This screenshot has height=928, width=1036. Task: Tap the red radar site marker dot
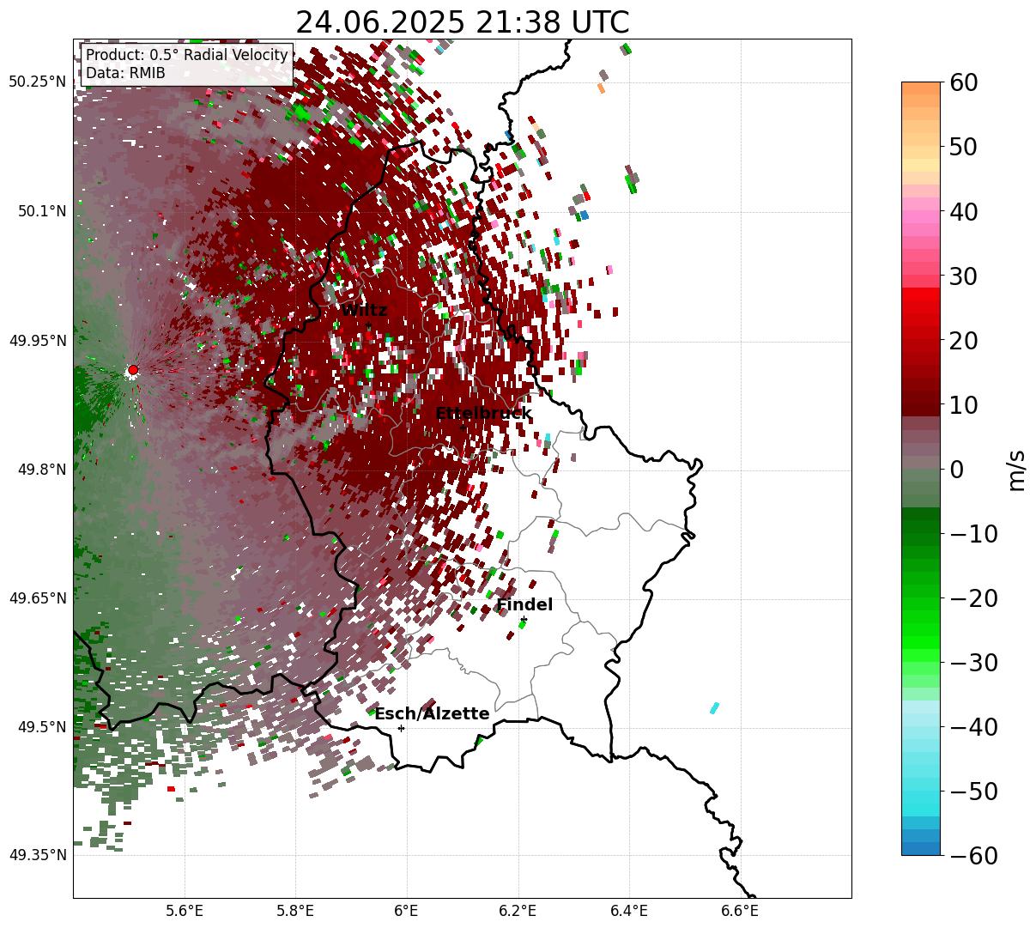[132, 370]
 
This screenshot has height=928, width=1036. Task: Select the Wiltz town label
[364, 311]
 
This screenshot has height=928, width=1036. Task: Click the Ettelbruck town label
[483, 414]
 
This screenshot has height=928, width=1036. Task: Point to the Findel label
[524, 605]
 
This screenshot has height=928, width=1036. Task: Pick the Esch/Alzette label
[432, 714]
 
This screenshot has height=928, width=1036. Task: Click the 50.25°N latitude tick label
[37, 82]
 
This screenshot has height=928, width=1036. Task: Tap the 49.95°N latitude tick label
[37, 341]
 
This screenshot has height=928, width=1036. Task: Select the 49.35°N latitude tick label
[37, 855]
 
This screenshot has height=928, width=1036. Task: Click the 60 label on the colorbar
[964, 82]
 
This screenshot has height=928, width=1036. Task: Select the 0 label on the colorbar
[955, 470]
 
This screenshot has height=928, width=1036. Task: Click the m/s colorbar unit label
[1016, 470]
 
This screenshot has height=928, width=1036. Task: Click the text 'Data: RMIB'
[125, 73]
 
